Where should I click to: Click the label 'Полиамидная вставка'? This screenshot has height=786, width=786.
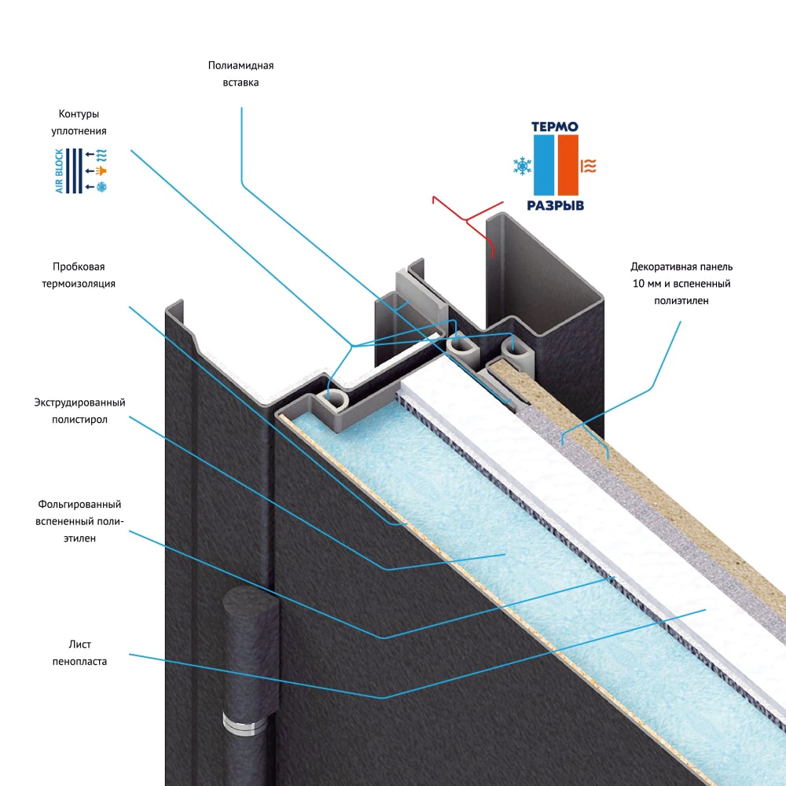(241, 74)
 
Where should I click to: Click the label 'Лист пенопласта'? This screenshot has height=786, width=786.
(86, 653)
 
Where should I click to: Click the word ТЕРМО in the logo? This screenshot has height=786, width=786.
(555, 127)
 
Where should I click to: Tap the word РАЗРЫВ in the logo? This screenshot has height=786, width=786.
(555, 206)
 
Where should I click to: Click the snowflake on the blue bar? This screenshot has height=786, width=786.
(521, 166)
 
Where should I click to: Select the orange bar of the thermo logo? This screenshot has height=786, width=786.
(568, 165)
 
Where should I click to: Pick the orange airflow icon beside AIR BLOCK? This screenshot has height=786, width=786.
(100, 171)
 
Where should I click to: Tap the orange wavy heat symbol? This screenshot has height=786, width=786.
(588, 165)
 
